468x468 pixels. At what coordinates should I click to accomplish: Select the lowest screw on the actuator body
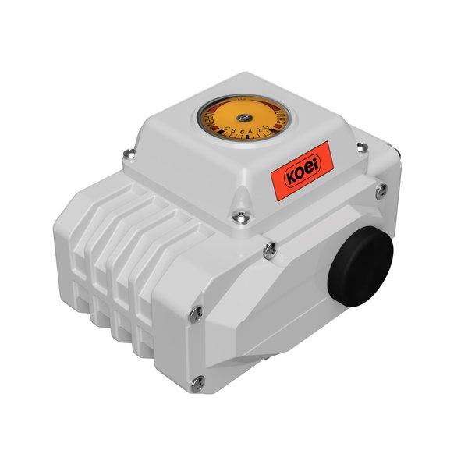tap(198, 381)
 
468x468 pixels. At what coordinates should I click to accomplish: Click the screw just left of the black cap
tap(269, 249)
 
